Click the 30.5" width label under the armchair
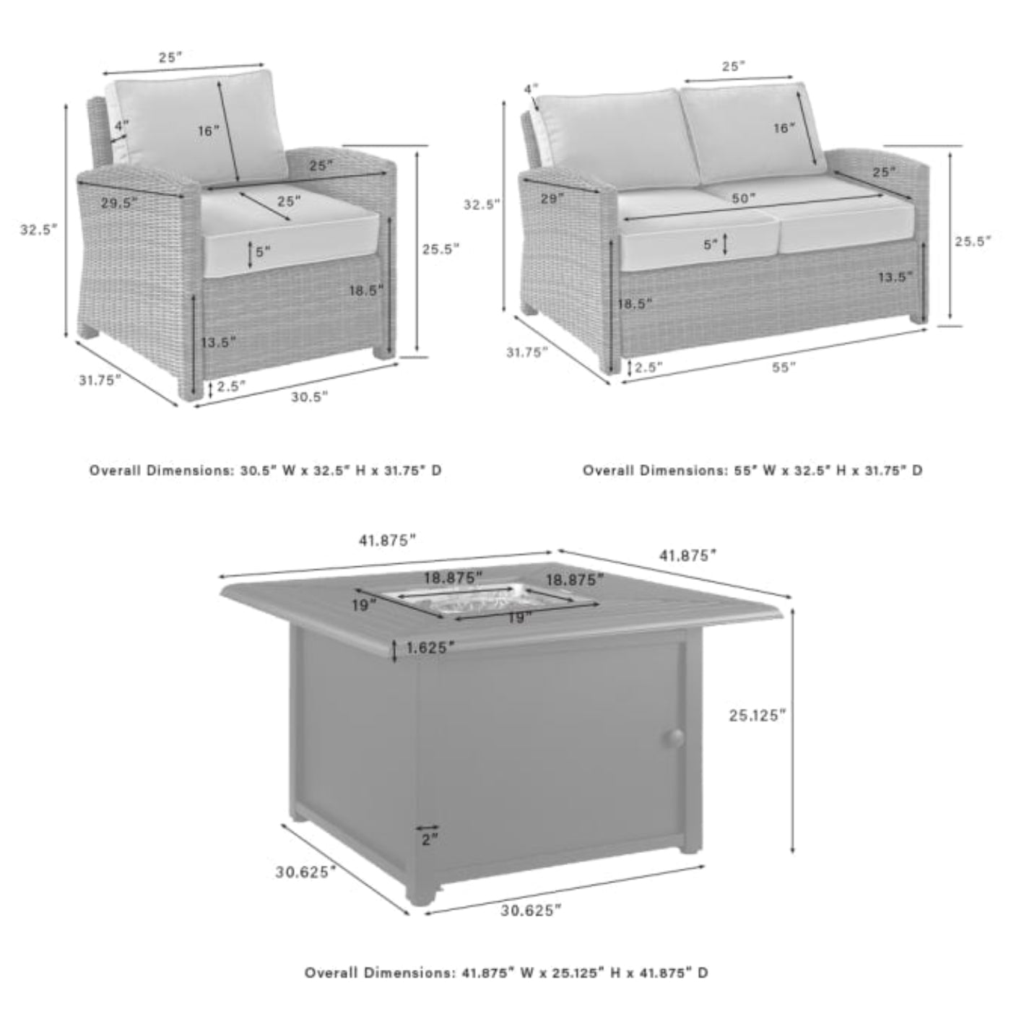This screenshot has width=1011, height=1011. click(x=310, y=397)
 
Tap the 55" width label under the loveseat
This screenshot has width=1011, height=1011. click(x=784, y=368)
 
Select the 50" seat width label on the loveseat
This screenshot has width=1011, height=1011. click(x=743, y=198)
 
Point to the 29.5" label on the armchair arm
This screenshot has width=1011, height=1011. click(x=119, y=202)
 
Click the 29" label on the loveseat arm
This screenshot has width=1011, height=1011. click(x=553, y=199)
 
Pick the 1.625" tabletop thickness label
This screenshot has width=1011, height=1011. click(x=430, y=648)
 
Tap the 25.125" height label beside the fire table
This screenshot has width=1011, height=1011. click(x=757, y=715)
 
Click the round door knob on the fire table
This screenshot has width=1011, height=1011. click(x=674, y=738)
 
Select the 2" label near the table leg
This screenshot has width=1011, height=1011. click(x=429, y=839)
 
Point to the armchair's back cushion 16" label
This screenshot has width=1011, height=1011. click(x=208, y=131)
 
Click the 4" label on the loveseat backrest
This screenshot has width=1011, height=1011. click(x=531, y=90)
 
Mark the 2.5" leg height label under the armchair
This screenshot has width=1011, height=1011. click(x=231, y=386)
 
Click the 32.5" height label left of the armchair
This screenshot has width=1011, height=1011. click(x=38, y=229)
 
